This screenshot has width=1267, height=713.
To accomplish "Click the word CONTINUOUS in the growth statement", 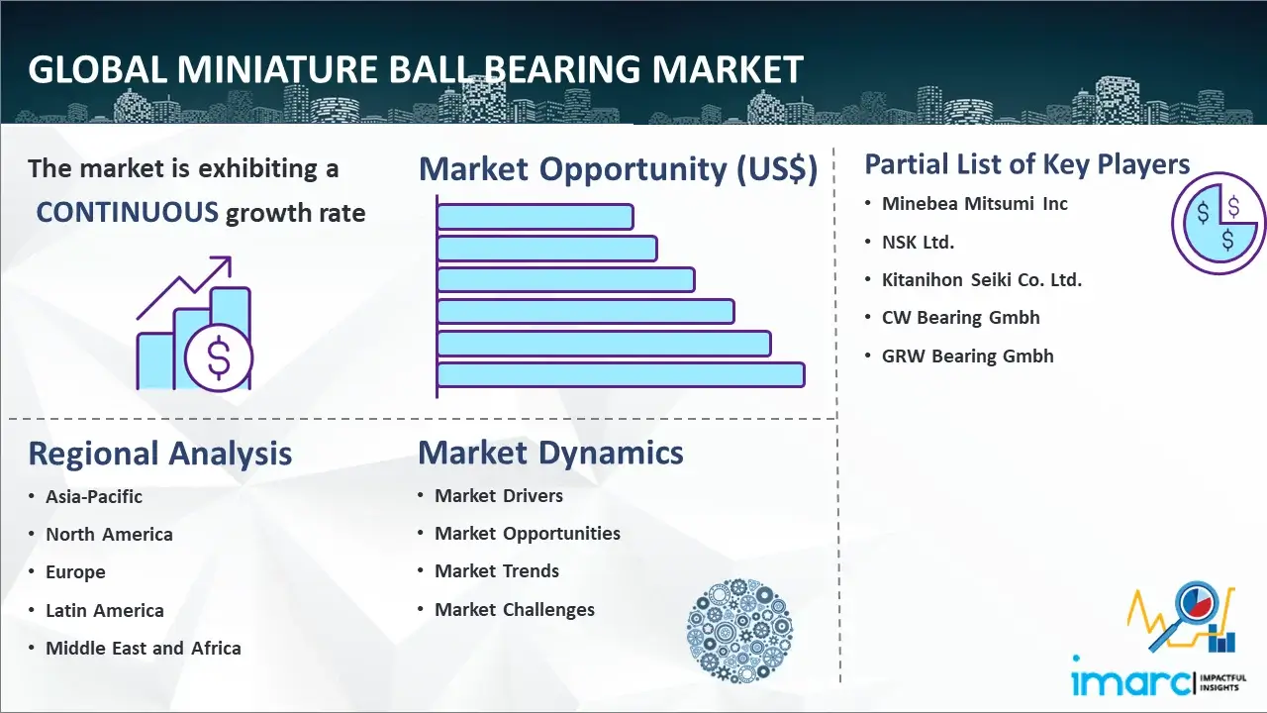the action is tap(128, 213).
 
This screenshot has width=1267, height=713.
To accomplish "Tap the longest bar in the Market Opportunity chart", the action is tap(621, 374).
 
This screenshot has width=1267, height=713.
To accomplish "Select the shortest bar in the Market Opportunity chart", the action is tap(536, 217).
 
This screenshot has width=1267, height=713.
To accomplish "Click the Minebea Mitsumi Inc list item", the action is tap(975, 204).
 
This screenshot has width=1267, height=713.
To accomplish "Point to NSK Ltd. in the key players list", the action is tap(918, 243).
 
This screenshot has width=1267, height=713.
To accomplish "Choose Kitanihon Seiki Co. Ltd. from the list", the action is tap(981, 279).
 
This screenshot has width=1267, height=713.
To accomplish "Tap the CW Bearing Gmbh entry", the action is tap(960, 318).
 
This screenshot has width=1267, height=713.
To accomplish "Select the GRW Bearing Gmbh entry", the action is tap(967, 356).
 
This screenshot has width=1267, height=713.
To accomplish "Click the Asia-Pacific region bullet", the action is tap(94, 496).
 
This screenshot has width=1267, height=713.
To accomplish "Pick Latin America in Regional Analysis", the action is tap(105, 611).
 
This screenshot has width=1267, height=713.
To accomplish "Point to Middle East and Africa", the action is tap(144, 648).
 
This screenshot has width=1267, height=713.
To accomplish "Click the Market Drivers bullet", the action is tap(498, 496).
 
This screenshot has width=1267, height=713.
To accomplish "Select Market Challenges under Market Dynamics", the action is tap(514, 609).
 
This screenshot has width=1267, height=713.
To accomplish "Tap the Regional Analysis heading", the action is tap(160, 454).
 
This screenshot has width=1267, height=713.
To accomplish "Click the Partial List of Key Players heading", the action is tap(1027, 164).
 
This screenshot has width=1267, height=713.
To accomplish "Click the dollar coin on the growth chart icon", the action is tap(219, 357).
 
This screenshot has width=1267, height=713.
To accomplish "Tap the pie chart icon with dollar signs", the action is tap(1218, 223).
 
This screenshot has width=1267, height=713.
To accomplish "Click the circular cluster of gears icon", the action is tap(739, 631).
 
